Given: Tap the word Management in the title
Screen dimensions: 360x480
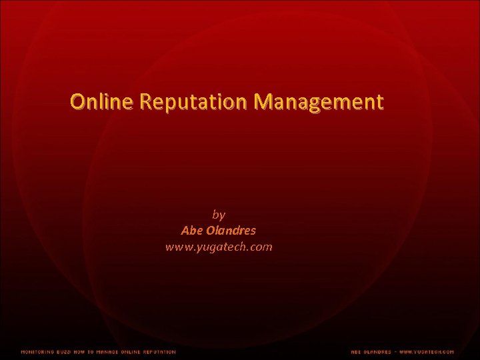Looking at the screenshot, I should [x=319, y=102].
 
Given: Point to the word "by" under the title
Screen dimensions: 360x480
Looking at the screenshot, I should [x=219, y=215].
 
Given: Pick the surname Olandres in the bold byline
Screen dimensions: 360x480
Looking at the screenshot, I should [x=231, y=231].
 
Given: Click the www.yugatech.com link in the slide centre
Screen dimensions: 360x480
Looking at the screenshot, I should [x=219, y=247].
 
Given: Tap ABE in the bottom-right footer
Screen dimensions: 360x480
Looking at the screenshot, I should [x=357, y=351].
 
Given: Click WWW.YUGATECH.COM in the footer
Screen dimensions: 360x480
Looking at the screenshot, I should [x=427, y=351].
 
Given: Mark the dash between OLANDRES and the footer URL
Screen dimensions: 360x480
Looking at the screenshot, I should [x=395, y=351].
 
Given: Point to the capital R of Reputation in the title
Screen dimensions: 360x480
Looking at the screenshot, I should [x=147, y=102].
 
